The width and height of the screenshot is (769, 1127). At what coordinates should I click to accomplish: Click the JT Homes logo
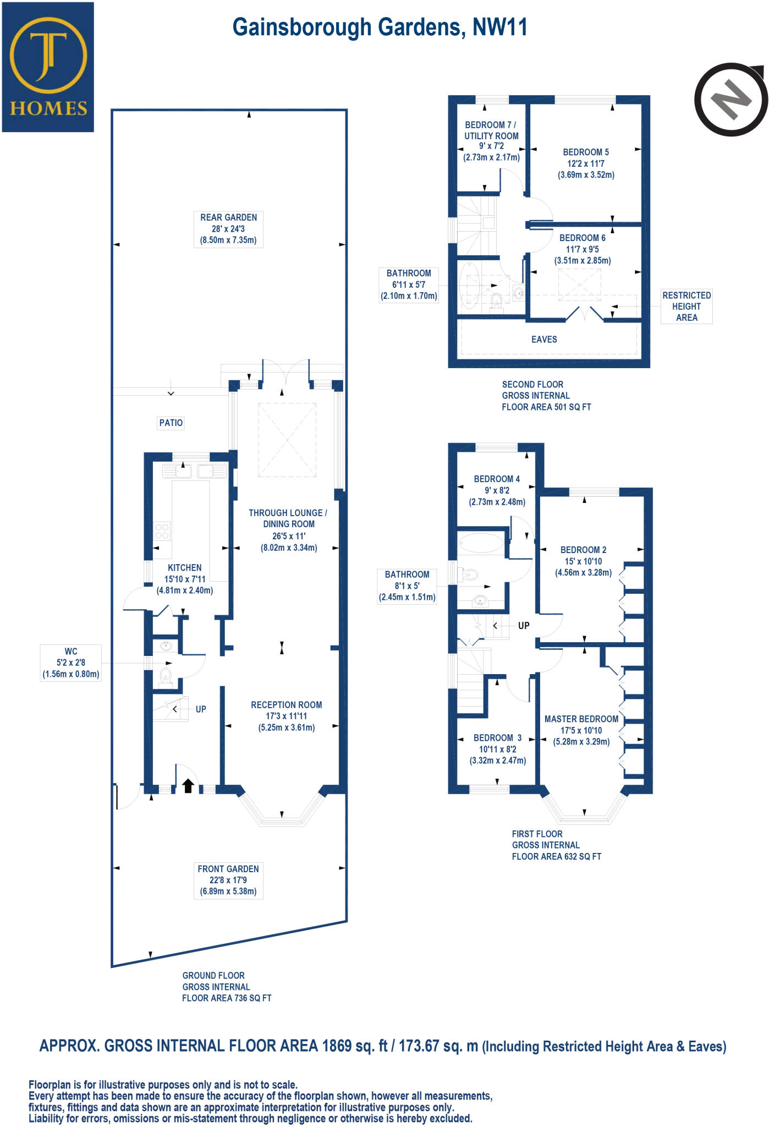point(48,67)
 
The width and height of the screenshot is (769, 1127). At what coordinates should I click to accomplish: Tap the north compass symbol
point(730,100)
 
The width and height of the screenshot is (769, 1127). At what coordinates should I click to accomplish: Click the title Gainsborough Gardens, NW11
point(380,28)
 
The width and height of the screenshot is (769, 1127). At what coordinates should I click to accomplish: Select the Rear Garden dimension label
point(228,229)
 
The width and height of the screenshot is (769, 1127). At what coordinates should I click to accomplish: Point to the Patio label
point(171,423)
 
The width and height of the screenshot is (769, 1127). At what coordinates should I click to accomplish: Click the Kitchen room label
point(185,579)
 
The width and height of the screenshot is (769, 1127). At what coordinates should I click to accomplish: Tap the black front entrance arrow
point(188,785)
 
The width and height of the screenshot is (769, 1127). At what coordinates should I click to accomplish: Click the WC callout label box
point(71,663)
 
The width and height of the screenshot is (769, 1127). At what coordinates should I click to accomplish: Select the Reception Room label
point(286,716)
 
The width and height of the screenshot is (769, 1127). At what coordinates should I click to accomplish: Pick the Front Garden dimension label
point(228,880)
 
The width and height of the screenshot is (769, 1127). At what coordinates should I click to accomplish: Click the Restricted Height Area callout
point(686,306)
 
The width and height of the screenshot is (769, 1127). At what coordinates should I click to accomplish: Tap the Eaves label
point(544,340)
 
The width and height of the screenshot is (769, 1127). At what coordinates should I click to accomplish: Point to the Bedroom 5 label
point(586,163)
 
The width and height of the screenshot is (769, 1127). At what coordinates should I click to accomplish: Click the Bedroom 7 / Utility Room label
point(491,141)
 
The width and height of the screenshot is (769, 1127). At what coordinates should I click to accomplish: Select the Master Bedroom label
point(581,730)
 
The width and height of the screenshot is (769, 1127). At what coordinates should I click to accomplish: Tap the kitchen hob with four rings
point(162,532)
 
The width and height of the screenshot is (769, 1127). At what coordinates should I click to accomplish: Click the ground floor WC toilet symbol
point(166,675)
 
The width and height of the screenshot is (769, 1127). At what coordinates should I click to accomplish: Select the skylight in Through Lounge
point(287,440)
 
